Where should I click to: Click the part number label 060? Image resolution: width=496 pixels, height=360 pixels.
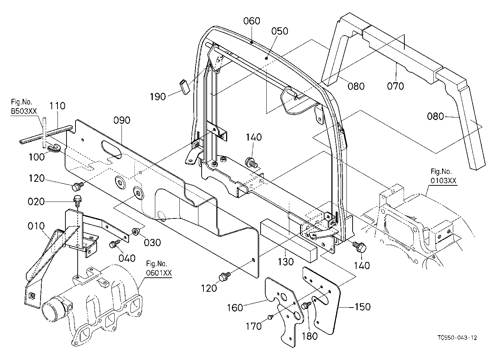pos(252,21)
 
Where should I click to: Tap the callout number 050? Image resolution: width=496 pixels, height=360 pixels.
pos(280,31)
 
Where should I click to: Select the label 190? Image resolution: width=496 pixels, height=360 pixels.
pos(158,97)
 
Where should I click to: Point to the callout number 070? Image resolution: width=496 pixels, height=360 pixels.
pos(395,86)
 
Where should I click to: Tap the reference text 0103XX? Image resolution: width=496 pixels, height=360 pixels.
pos(443,181)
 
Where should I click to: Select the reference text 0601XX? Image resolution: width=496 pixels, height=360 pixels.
pos(159,273)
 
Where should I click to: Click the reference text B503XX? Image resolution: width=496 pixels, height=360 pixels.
pos(24,111)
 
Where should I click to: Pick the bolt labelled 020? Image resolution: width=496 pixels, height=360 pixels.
pos(77,199)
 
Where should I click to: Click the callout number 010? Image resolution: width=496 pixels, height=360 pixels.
pos(36,226)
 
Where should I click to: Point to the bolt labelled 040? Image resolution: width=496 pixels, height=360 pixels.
pos(114,244)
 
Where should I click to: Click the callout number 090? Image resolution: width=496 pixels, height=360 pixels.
pos(122,120)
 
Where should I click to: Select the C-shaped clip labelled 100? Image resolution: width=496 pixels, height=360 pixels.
pos(54,148)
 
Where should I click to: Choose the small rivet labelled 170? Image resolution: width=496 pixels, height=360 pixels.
pos(270,317)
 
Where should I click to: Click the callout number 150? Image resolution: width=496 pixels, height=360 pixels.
pos(363,307)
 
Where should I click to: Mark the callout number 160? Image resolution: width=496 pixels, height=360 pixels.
pos(235,308)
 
